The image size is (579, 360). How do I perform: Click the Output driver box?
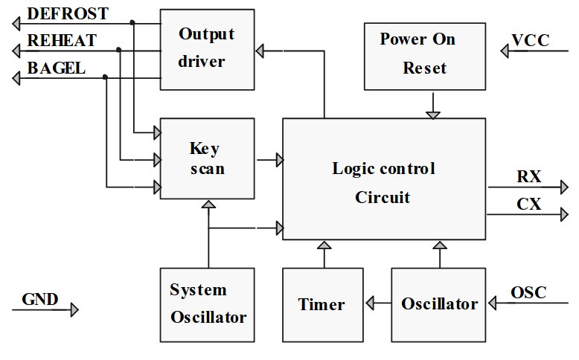pyautogui.click(x=206, y=48)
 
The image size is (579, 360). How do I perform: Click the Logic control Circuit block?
pyautogui.click(x=383, y=179)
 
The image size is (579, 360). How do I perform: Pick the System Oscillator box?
pyautogui.click(x=208, y=303)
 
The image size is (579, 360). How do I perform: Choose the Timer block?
pyautogui.click(x=322, y=303)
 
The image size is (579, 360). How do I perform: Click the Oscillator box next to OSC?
pyautogui.click(x=440, y=303)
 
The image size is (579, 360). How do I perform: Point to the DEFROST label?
pyautogui.click(x=68, y=13)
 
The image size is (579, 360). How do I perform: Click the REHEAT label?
pyautogui.click(x=62, y=41)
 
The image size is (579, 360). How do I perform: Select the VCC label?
pyautogui.click(x=531, y=40)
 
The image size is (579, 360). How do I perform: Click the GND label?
pyautogui.click(x=39, y=300)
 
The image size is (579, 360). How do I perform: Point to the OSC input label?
pyautogui.click(x=528, y=292)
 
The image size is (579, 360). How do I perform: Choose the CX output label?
pyautogui.click(x=529, y=205)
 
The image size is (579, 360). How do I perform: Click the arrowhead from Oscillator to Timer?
pyautogui.click(x=368, y=303)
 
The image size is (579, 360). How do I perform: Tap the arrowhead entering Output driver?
pyautogui.click(x=260, y=50)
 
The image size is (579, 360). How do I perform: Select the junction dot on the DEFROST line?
pyautogui.click(x=132, y=22)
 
